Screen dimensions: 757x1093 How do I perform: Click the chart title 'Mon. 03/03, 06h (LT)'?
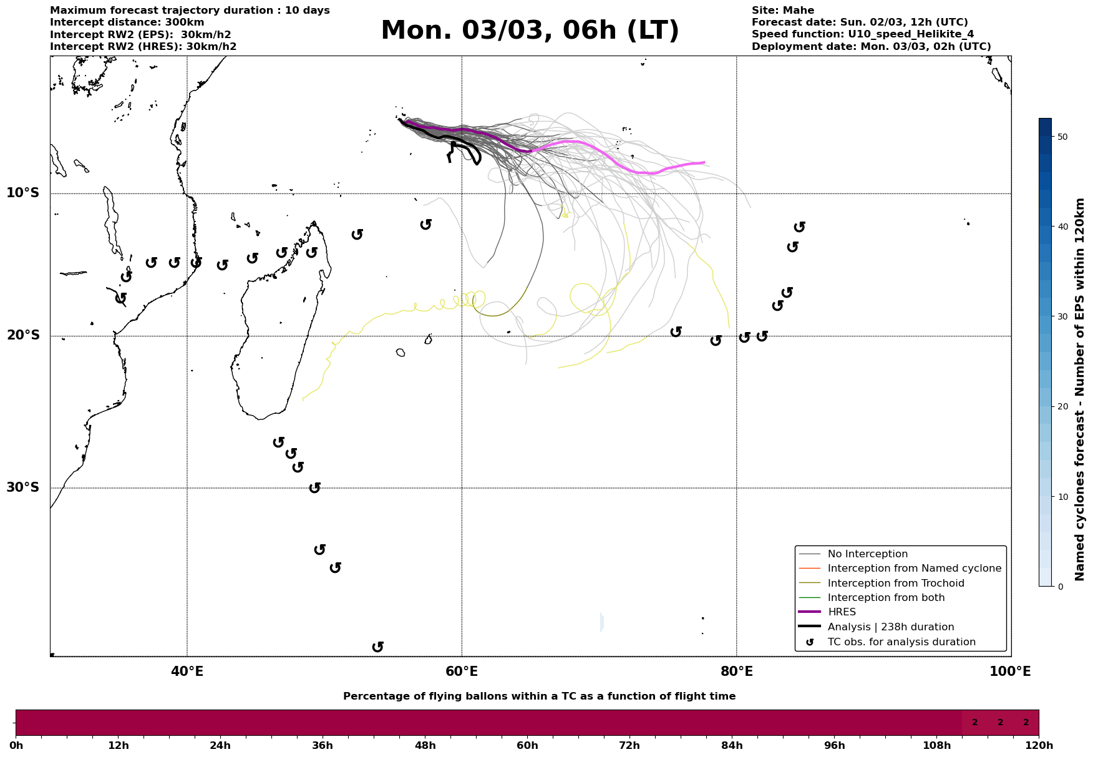pos(530,31)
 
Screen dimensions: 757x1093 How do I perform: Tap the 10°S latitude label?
pos(23,193)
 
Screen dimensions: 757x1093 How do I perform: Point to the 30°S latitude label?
pos(23,487)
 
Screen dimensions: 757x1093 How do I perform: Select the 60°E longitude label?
pos(462,672)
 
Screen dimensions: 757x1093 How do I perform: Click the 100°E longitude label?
pos(1010,672)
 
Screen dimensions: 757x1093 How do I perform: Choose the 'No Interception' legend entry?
pos(867,554)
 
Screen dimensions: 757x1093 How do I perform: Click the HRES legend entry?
pos(842,612)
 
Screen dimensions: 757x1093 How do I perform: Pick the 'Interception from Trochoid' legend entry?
pos(895,584)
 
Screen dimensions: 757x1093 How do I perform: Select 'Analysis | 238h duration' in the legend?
pos(890,627)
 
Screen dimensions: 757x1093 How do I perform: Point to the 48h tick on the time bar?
pos(425,746)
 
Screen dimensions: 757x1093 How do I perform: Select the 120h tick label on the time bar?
pos(1039,746)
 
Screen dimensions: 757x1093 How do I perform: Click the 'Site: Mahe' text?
pos(782,11)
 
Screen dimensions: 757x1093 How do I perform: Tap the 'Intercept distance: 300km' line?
pos(127,22)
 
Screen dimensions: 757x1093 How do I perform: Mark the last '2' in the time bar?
pos(1026,723)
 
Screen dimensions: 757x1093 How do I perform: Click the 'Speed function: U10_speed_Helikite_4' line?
pos(862,34)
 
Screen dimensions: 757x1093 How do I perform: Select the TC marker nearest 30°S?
pos(315,487)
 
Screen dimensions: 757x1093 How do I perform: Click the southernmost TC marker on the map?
pos(377,647)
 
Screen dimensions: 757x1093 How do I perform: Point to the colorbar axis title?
pos(1081,389)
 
